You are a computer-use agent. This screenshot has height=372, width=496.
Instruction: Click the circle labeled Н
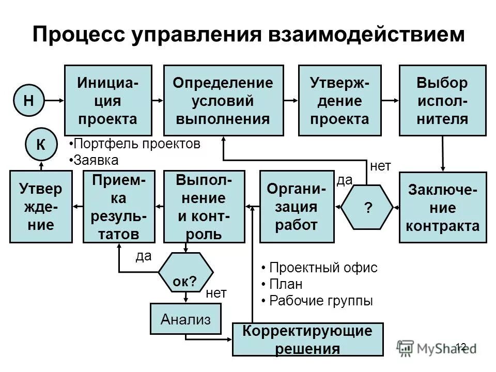tap(29, 100)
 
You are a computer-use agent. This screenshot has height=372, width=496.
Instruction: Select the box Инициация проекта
tap(108, 100)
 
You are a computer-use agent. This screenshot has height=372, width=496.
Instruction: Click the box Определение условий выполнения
tap(223, 100)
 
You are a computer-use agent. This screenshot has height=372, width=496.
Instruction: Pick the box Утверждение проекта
tap(339, 100)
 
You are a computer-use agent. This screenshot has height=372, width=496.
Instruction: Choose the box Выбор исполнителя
tap(442, 100)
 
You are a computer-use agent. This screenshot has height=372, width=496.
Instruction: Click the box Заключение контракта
tap(442, 207)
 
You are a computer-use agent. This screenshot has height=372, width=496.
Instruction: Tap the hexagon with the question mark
tap(368, 207)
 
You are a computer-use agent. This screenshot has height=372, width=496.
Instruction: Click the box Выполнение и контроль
tap(204, 207)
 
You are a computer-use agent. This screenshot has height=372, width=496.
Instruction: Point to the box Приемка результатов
tap(119, 207)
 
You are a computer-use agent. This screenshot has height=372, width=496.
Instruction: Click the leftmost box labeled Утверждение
tap(41, 207)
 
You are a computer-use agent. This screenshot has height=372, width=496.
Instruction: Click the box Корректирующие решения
tap(308, 339)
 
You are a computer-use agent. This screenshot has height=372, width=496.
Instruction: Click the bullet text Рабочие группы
tap(320, 301)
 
